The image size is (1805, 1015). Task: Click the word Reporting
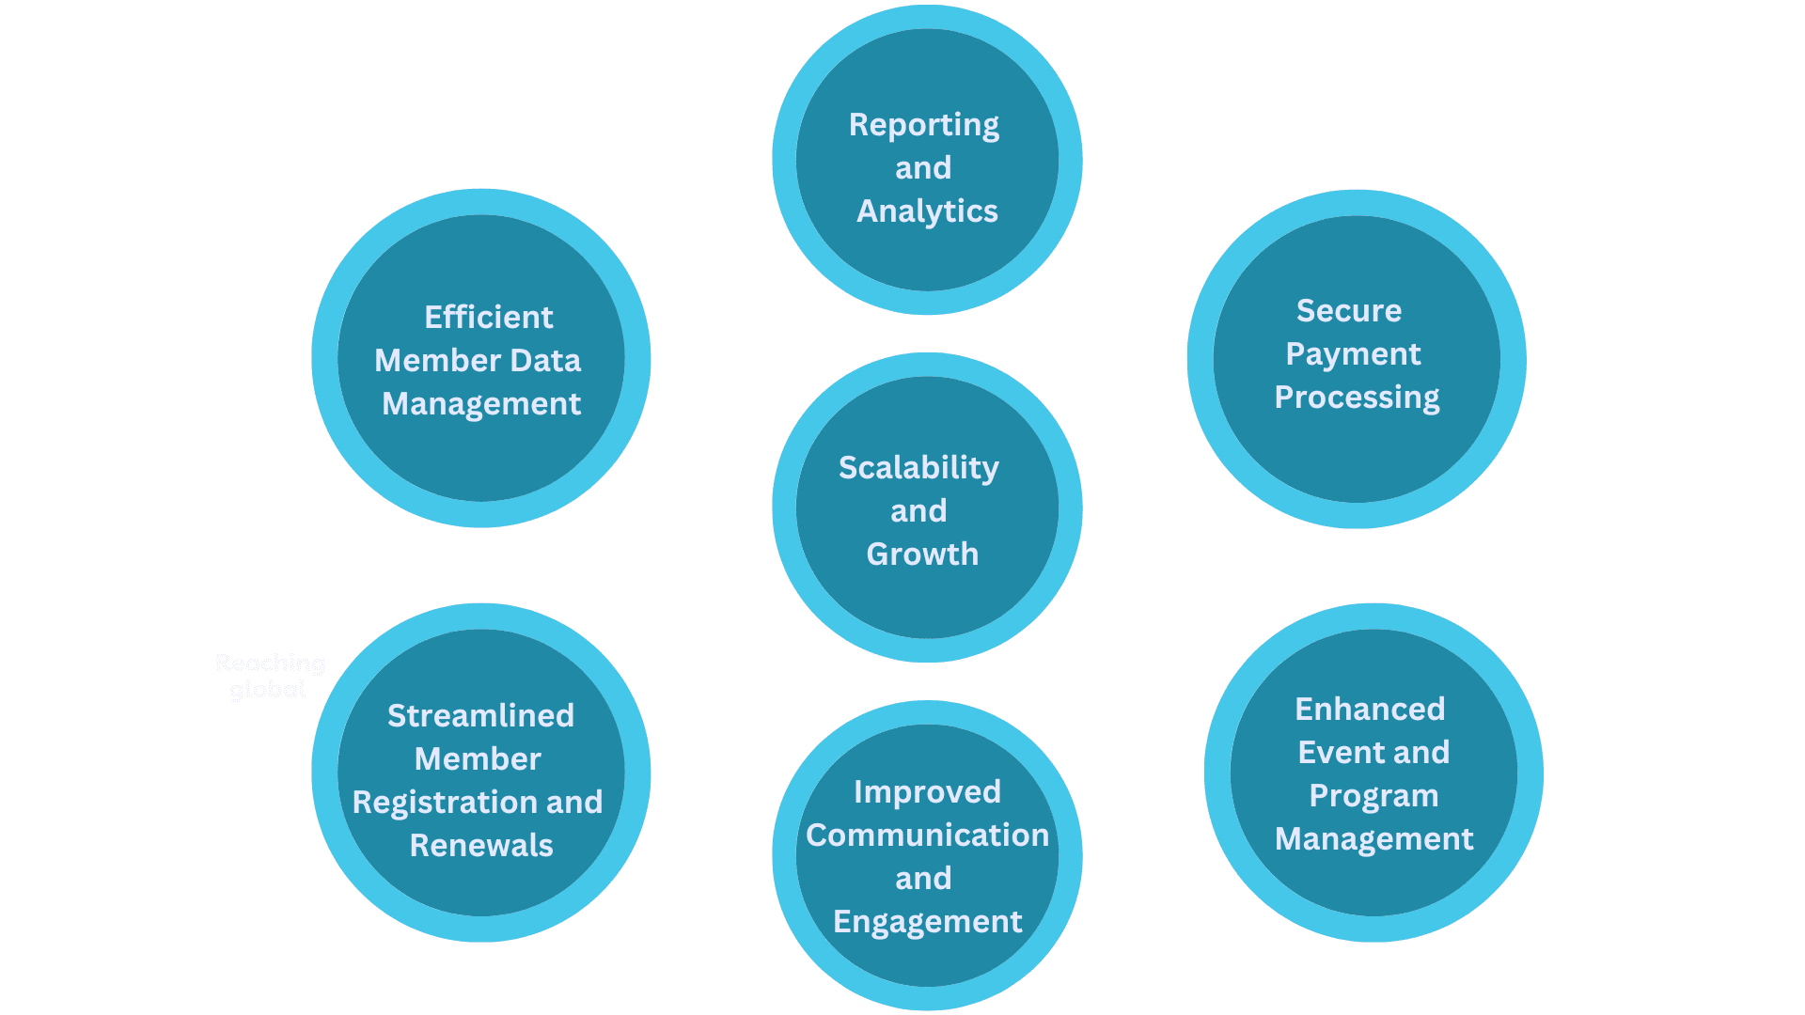(923, 125)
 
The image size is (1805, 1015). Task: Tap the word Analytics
(927, 211)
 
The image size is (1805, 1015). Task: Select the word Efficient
(488, 318)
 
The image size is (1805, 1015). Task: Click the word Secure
(1348, 311)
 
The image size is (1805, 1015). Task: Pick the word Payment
(1353, 354)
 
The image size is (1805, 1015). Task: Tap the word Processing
(1357, 398)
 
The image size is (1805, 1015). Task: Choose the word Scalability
(918, 468)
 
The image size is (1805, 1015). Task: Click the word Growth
(922, 554)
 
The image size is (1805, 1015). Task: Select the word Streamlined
(480, 716)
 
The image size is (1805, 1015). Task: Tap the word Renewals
(481, 846)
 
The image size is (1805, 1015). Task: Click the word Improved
(927, 792)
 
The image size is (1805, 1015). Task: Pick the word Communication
(927, 835)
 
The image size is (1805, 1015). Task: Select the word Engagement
(927, 922)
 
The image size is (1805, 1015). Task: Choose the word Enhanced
(1370, 710)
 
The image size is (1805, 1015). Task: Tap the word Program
(1373, 796)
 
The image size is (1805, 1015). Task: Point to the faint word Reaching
(270, 664)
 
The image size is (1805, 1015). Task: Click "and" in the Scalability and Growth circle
(918, 511)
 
